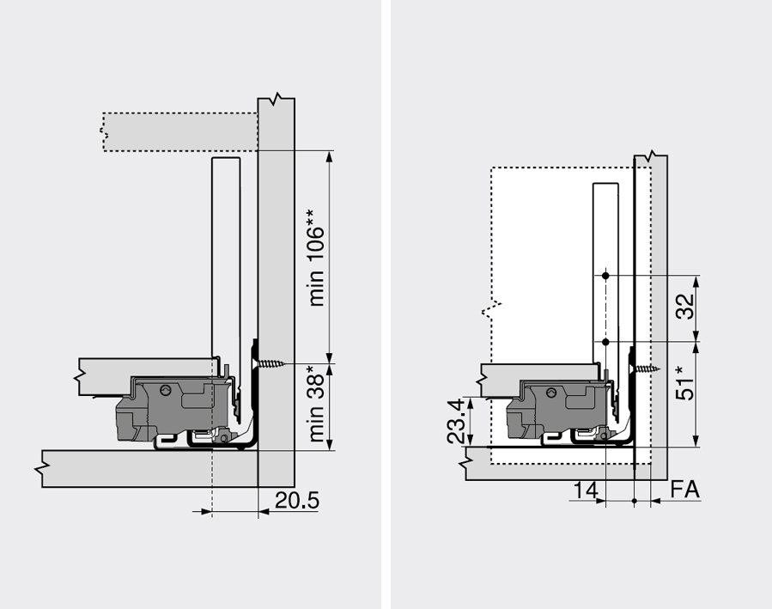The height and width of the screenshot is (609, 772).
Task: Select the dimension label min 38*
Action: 319,404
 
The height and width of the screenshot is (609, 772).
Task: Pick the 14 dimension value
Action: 586,490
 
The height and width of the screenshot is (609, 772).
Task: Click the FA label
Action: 684,490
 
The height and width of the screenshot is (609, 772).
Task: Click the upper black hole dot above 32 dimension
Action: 606,276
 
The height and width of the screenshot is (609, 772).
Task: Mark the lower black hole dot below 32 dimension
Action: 606,341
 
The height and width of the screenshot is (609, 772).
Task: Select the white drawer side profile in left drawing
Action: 224,258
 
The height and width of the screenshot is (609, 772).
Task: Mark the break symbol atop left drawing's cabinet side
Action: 276,98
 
